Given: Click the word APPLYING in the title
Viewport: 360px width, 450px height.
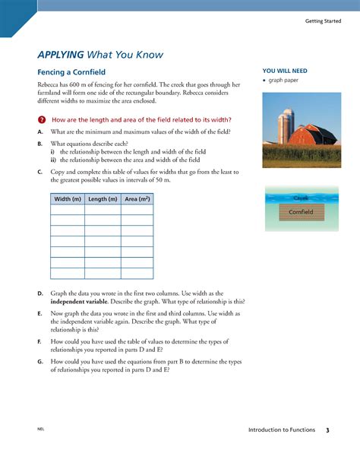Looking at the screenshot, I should [60, 55].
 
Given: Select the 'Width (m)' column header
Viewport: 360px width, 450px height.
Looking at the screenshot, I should [67, 199].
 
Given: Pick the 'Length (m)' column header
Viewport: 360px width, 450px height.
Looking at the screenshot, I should [103, 199].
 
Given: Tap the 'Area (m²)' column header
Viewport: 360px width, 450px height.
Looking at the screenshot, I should [137, 199].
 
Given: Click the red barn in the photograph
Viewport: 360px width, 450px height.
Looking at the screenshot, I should [311, 136].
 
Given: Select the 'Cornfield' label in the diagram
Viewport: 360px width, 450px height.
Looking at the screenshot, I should [301, 212].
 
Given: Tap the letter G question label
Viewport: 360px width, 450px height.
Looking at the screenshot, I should [39, 361].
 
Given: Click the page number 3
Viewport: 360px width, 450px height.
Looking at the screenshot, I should [327, 431].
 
